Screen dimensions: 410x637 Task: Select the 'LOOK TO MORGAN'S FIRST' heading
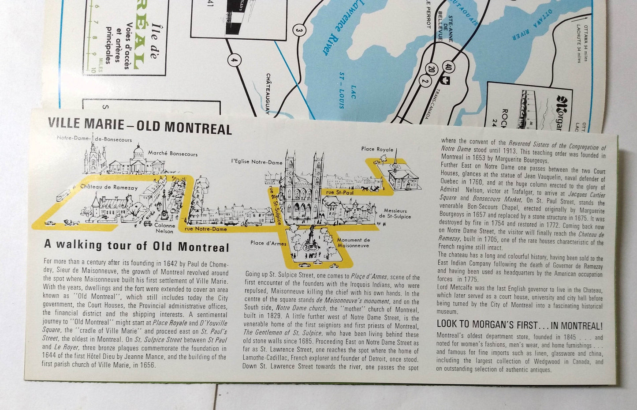519,325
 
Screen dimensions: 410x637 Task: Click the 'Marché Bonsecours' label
172,154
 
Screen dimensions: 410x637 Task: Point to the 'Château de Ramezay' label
109,187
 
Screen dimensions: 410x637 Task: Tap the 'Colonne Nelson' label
164,228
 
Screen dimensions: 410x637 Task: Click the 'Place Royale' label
377,149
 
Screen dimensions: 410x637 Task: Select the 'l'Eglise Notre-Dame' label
257,162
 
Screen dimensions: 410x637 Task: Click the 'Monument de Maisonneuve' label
353,243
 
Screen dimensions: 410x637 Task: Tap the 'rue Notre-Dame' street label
206,229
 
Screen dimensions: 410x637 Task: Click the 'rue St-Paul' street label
336,192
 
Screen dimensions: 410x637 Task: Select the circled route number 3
299,30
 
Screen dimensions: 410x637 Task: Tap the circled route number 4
234,60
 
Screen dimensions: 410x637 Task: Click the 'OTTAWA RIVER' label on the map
529,30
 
